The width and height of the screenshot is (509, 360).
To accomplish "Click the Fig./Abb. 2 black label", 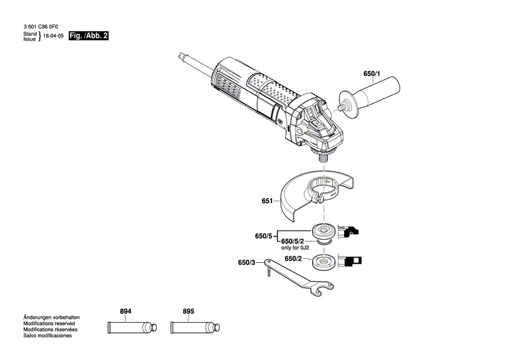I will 90,35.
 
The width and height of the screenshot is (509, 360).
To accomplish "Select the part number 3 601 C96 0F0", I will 45,26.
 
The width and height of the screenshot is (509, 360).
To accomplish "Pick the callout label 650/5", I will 263,236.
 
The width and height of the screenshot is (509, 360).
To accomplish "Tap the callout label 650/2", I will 293,259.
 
